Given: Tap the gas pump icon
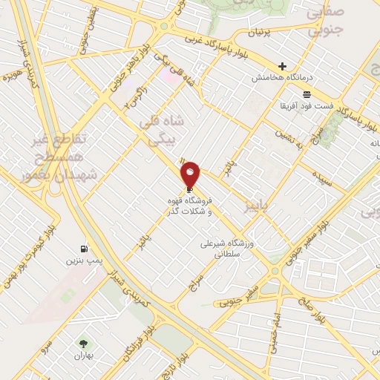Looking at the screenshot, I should pyautogui.click(x=84, y=249).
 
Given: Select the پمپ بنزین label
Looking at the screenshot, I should pyautogui.click(x=82, y=262).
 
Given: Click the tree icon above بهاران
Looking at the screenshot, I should pyautogui.click(x=82, y=344).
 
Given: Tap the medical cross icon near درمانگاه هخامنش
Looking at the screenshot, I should pyautogui.click(x=282, y=66).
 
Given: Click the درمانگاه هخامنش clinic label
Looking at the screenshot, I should pyautogui.click(x=283, y=77).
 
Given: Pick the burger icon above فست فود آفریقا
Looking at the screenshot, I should pyautogui.click(x=307, y=94).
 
